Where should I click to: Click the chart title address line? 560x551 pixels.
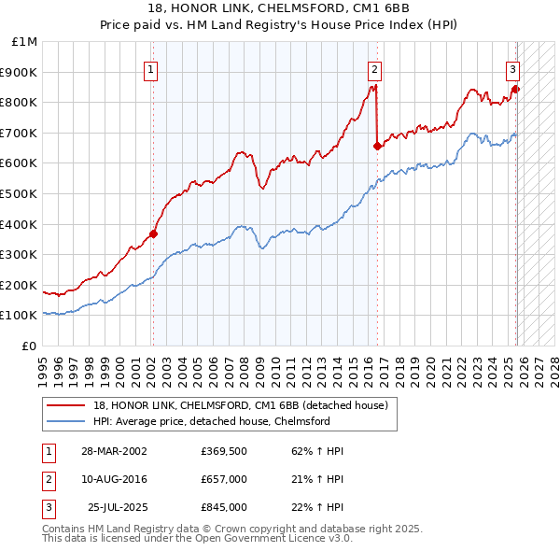[x=280, y=9]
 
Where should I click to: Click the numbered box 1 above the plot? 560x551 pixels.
[x=151, y=68]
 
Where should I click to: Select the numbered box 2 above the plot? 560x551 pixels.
[x=374, y=68]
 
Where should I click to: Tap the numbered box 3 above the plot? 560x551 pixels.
[x=512, y=68]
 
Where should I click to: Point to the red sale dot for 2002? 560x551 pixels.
[x=154, y=233]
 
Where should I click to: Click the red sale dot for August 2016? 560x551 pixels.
[x=377, y=146]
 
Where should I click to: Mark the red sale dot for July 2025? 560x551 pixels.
[x=516, y=89]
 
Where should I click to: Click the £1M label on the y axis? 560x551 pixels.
[x=25, y=42]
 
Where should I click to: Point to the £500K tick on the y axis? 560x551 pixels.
[x=21, y=193]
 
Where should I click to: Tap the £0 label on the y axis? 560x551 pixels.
[x=29, y=346]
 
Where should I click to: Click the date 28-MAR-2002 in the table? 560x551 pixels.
[x=115, y=452]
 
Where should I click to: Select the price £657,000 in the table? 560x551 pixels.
[x=224, y=479]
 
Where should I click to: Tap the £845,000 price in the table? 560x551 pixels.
[x=224, y=507]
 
